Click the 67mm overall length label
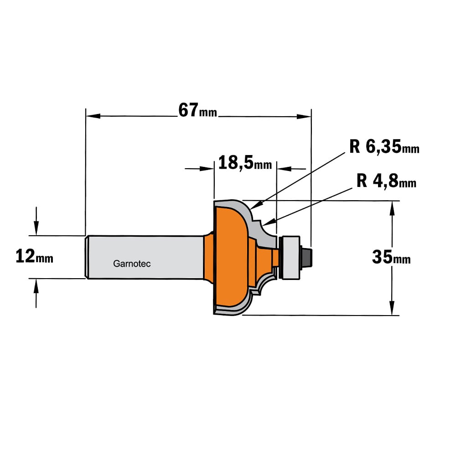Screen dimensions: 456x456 (x=198, y=110)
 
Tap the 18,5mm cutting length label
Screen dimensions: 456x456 (x=245, y=162)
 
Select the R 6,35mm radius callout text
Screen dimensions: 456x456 (x=384, y=146)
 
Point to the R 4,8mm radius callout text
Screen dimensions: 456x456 (x=386, y=181)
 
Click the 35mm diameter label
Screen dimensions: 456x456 (x=391, y=257)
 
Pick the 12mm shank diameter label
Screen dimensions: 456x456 (x=34, y=256)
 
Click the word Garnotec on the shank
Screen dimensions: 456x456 (x=132, y=264)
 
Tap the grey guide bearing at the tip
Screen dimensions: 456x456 (x=290, y=258)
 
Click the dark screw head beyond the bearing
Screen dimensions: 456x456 (x=306, y=257)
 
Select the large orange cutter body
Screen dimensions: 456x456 (x=230, y=256)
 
